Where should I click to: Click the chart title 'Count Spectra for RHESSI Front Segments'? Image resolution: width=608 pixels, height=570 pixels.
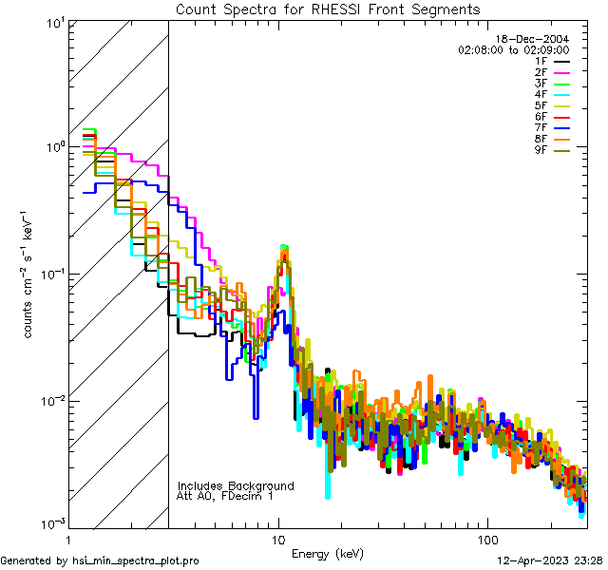pos(328,9)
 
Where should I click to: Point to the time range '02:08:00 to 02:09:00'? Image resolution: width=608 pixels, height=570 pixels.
pos(513,48)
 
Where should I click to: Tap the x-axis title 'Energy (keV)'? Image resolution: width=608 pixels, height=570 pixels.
pos(327,553)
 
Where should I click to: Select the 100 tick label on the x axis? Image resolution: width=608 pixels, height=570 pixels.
pos(486,538)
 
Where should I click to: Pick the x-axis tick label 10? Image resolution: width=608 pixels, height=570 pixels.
pos(277,538)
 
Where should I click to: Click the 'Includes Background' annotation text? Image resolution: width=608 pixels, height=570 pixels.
pos(235,485)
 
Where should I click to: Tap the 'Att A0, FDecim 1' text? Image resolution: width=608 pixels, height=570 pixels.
pos(225,496)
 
